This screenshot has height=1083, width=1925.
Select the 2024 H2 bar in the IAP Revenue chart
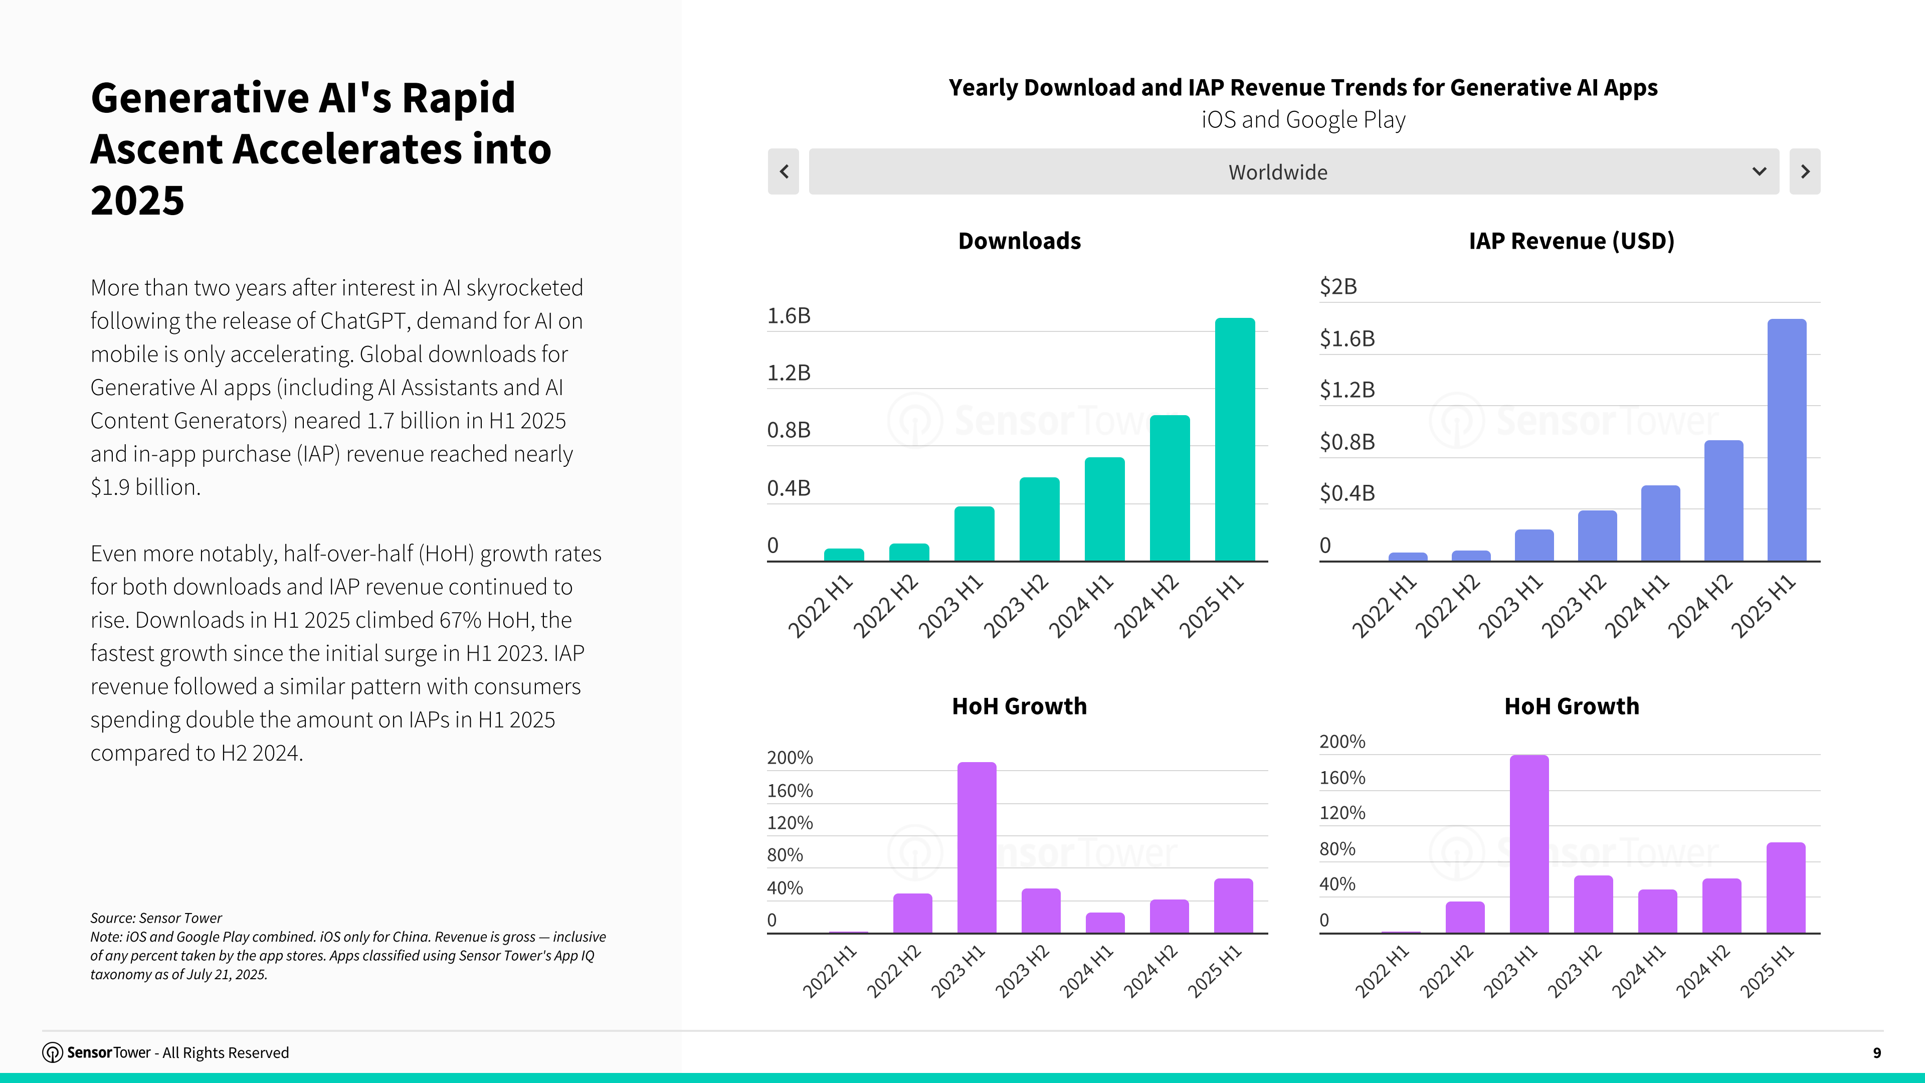click(1723, 501)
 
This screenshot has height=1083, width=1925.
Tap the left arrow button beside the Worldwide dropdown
click(783, 172)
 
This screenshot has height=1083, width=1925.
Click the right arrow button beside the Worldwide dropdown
click(1805, 172)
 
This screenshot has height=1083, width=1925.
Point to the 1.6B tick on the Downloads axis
click(789, 316)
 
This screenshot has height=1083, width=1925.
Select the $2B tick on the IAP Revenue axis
click(1337, 287)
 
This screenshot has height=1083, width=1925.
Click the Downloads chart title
click(1019, 241)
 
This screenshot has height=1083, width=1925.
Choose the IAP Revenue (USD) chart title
click(1571, 241)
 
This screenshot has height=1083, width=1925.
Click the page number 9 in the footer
click(1876, 1053)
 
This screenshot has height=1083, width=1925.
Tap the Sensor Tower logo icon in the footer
click(52, 1052)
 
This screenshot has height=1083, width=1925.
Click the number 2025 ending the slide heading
click(137, 201)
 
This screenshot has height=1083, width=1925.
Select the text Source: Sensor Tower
click(155, 918)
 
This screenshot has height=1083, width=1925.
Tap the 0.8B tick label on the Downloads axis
click(789, 431)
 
